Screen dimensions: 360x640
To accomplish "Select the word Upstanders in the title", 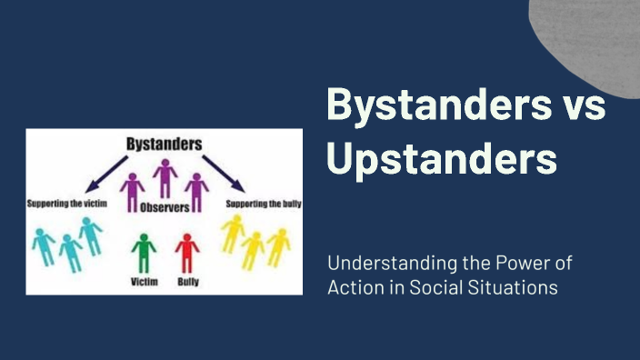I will point(441,158).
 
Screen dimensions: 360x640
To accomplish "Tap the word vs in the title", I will point(581,107).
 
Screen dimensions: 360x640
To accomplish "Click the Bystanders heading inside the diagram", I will point(165,145).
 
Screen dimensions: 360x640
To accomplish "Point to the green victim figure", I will point(142,254).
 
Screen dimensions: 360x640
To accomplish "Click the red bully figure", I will point(186,254).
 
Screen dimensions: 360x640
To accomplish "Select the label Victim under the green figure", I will point(143,282).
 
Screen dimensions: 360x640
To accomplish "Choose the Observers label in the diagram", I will point(165,208).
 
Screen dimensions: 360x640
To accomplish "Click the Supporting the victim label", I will point(67,204).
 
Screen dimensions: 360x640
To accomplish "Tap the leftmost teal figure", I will point(44,246).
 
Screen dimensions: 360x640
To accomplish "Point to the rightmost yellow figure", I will point(277,246).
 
